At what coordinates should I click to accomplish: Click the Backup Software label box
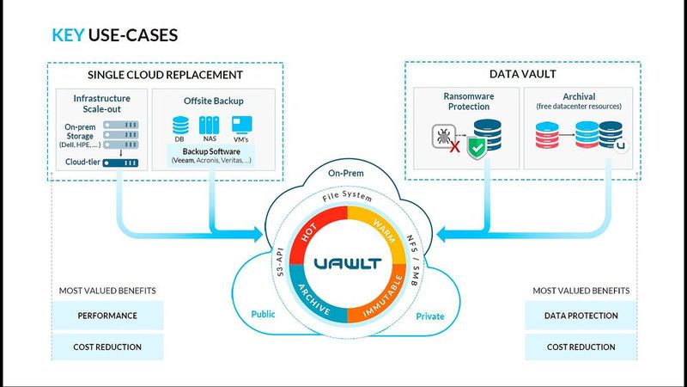(x=210, y=156)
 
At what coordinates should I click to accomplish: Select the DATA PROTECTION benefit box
(x=581, y=316)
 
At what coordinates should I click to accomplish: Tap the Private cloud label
(x=430, y=316)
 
